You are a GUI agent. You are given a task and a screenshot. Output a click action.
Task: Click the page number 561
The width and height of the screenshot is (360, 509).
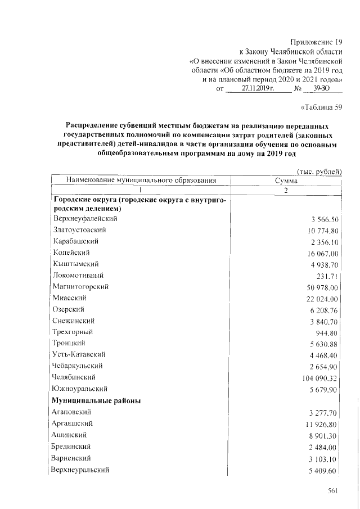[x=332, y=492]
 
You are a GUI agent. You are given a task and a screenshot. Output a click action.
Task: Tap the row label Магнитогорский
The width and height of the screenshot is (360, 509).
[x=80, y=287]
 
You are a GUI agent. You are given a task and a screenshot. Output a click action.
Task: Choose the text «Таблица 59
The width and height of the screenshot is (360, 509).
[x=322, y=107]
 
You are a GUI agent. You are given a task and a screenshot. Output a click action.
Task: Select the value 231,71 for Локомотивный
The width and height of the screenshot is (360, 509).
[x=328, y=276]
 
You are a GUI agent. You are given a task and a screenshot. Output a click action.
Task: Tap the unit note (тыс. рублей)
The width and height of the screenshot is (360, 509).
[x=319, y=172]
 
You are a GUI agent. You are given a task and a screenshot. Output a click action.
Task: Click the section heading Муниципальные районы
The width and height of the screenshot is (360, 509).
[x=96, y=400]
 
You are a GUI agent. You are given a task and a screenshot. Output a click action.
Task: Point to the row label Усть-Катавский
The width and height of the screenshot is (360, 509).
[x=79, y=355]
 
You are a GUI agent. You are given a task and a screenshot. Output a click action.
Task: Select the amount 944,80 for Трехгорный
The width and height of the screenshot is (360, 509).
[x=326, y=332]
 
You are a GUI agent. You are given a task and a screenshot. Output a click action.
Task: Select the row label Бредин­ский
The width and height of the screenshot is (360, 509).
[x=72, y=446]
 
